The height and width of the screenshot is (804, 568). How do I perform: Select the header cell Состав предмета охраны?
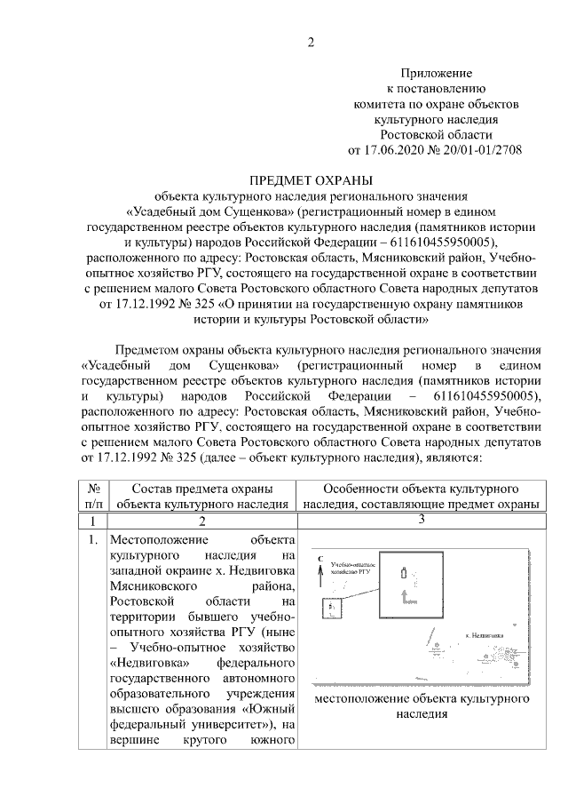pos(201,497)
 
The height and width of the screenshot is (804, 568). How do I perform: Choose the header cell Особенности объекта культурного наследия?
pos(421,497)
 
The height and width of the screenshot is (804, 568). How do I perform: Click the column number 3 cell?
pos(421,519)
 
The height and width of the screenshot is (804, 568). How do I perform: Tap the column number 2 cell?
pos(201,521)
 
